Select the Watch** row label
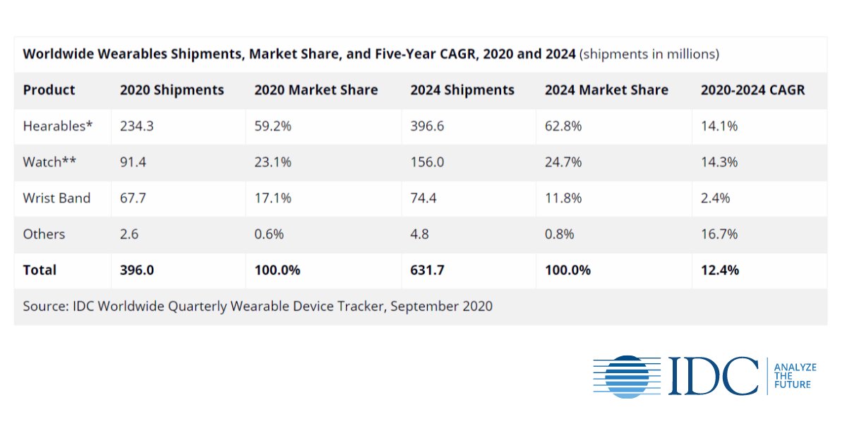[x=49, y=162]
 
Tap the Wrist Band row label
[x=56, y=198]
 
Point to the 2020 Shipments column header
[x=172, y=90]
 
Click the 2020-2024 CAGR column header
[x=752, y=90]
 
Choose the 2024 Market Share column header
[x=606, y=90]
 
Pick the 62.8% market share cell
[x=563, y=126]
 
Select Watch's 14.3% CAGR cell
[x=719, y=162]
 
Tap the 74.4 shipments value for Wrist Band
[x=423, y=198]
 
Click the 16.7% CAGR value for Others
[x=719, y=234]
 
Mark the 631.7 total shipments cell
[x=427, y=270]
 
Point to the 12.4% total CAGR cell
[x=720, y=270]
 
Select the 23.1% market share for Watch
[x=272, y=162]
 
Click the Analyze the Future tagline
[x=795, y=376]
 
